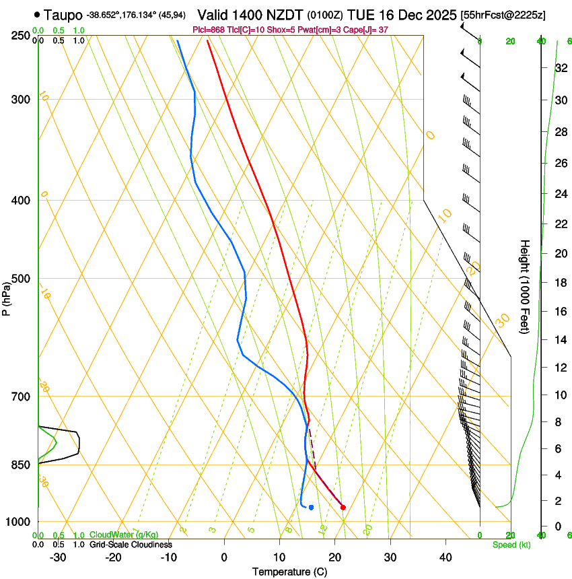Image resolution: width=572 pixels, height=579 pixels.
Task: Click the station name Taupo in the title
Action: click(x=63, y=15)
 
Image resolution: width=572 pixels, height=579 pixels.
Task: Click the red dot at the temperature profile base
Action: click(x=343, y=507)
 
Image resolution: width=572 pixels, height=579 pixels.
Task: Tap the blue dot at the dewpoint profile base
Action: click(x=311, y=507)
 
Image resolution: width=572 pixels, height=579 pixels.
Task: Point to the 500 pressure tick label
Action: click(x=21, y=279)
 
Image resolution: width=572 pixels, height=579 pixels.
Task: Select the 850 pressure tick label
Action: click(x=21, y=465)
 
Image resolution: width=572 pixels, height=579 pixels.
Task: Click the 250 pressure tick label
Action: click(x=21, y=35)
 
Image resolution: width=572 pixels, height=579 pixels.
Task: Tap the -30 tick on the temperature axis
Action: click(x=58, y=557)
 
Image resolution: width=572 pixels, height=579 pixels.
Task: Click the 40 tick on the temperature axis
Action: click(x=445, y=557)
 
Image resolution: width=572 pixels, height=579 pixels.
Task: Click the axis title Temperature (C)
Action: click(x=289, y=572)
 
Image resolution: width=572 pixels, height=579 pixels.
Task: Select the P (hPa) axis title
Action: click(x=7, y=296)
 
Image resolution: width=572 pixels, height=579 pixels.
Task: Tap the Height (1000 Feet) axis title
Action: click(x=526, y=286)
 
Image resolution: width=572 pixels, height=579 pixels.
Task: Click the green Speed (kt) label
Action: click(x=511, y=545)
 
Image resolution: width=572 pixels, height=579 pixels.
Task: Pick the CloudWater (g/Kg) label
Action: click(x=124, y=535)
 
